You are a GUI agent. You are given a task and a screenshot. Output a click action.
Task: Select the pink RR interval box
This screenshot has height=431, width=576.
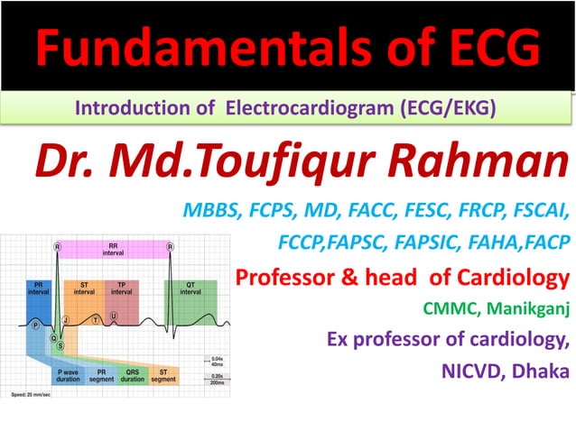pyautogui.click(x=114, y=251)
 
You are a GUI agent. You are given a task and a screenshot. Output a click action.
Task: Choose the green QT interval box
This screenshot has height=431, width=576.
pyautogui.click(x=190, y=289)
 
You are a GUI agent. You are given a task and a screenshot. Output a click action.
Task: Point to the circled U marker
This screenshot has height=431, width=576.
pyautogui.click(x=114, y=316)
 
